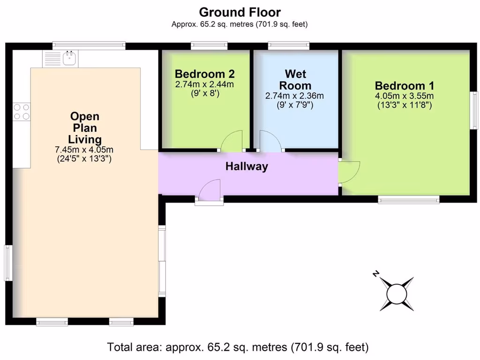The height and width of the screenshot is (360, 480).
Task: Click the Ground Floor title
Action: (x=240, y=12)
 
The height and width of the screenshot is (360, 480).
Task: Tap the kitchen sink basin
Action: (x=69, y=58)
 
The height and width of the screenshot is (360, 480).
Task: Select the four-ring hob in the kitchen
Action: (x=22, y=112)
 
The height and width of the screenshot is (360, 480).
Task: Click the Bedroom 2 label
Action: (x=204, y=74)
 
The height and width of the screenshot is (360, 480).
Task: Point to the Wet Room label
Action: (x=295, y=80)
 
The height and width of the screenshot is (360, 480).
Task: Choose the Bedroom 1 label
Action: (x=405, y=85)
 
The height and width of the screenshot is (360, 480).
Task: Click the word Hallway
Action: (x=247, y=166)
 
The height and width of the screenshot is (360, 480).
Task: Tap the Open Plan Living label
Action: (x=84, y=127)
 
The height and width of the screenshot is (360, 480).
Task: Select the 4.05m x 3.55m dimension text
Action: (x=405, y=96)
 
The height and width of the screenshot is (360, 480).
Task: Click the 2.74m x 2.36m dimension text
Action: (x=294, y=96)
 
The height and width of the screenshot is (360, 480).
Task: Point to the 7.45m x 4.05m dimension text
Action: (x=84, y=150)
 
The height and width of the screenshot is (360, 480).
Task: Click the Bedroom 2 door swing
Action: (x=232, y=141)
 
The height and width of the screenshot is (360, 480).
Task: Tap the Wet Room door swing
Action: (x=270, y=141)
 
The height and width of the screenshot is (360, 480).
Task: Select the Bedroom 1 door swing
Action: (x=349, y=172)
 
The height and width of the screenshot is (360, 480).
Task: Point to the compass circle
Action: (x=397, y=294)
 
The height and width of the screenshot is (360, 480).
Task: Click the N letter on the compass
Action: (x=376, y=273)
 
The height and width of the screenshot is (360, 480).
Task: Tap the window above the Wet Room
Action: (x=289, y=45)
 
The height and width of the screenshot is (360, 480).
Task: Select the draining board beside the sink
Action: (x=52, y=59)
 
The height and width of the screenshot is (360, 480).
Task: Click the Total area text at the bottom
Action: (x=238, y=347)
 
